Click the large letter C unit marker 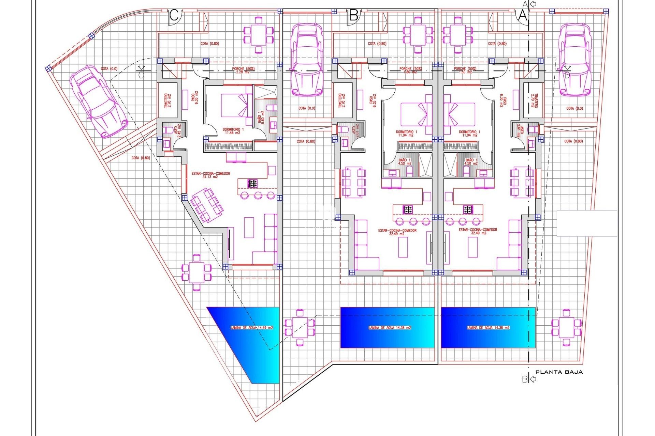(174, 16)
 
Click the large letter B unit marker (354, 16)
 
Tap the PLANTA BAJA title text (559, 372)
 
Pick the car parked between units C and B (307, 60)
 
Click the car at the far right (575, 60)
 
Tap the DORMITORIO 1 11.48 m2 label (233, 131)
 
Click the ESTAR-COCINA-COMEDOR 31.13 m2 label (210, 175)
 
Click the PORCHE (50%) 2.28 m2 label (243, 70)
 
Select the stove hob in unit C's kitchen (253, 183)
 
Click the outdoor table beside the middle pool (300, 327)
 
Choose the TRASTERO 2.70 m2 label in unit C (168, 101)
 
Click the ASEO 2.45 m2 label (178, 131)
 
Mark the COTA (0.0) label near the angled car (109, 69)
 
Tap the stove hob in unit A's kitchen (468, 209)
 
